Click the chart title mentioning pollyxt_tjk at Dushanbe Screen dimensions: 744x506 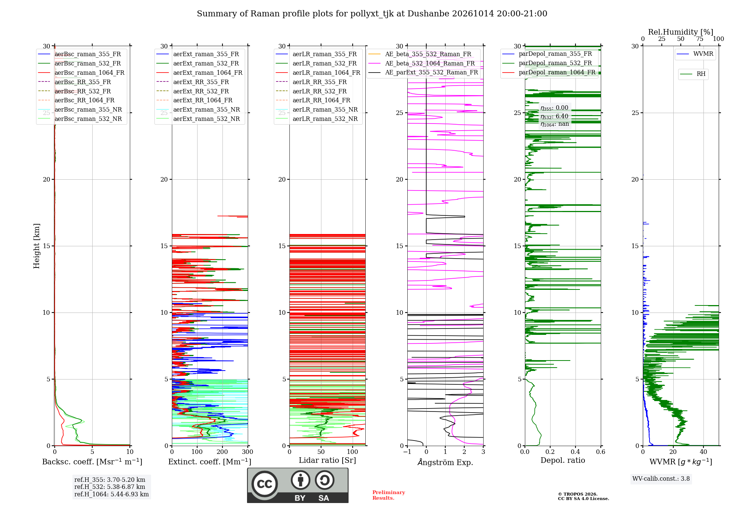(372, 14)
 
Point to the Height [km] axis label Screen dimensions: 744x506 (36, 246)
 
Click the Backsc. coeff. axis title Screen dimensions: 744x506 (92, 462)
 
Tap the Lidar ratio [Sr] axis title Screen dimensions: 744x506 (327, 461)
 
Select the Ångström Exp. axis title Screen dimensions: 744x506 (445, 462)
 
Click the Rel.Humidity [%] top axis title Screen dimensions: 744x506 (681, 32)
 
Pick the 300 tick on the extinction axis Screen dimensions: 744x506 (248, 452)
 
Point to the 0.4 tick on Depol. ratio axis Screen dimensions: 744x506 (575, 452)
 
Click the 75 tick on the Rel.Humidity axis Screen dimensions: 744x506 (700, 39)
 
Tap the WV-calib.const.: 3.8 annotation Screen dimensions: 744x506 (661, 479)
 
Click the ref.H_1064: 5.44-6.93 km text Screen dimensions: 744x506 (112, 494)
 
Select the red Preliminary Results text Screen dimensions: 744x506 (389, 495)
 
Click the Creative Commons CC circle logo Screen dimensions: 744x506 (264, 484)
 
